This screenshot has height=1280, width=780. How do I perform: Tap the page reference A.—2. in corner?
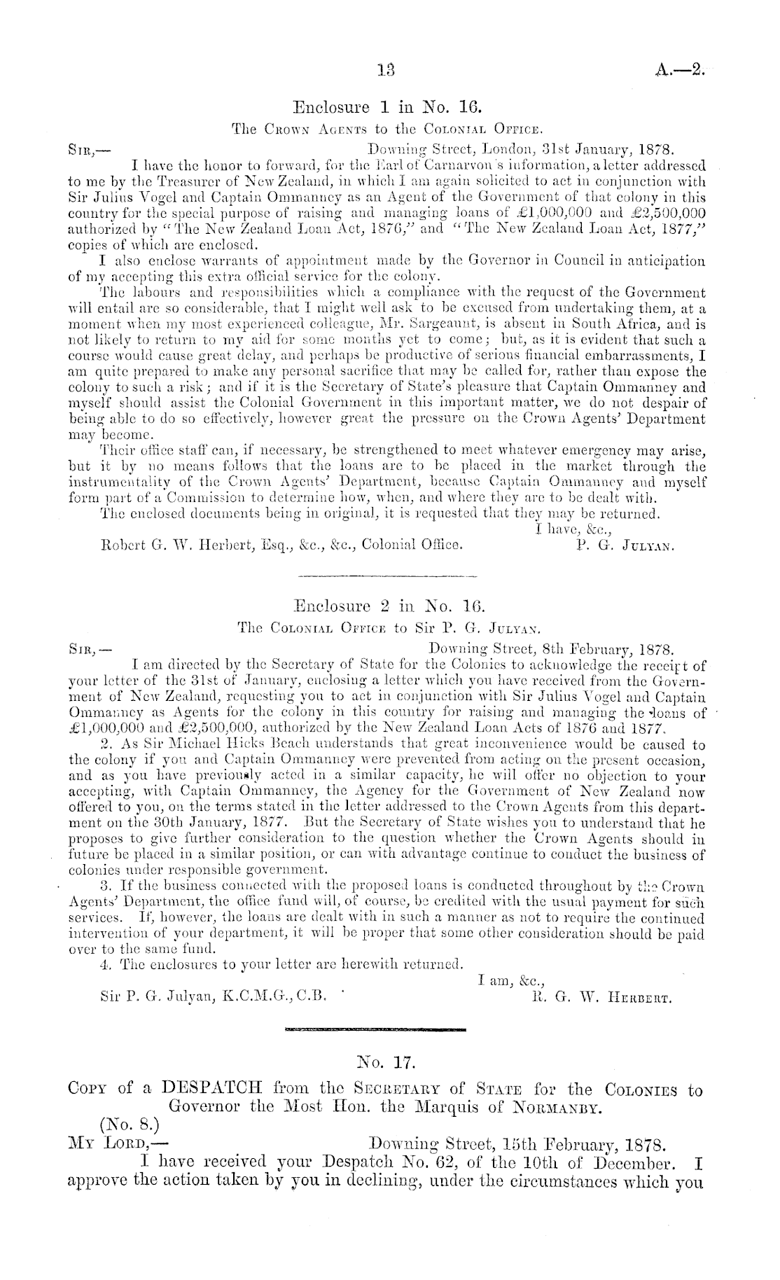[x=674, y=70]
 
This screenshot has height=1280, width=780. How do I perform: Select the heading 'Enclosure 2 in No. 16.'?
[x=389, y=604]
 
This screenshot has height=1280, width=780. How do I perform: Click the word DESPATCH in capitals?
[x=211, y=1109]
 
